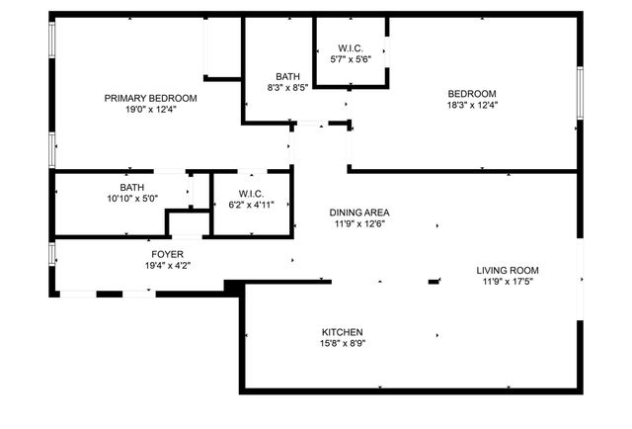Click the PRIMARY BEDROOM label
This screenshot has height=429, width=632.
[151, 98]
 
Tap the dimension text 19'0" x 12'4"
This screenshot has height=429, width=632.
[151, 110]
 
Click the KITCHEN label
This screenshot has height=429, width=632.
[342, 332]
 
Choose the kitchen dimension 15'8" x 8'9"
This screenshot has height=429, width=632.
[342, 344]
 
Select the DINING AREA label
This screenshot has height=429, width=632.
[359, 213]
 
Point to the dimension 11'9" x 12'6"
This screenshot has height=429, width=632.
[359, 224]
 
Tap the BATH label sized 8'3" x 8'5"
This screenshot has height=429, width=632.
[287, 75]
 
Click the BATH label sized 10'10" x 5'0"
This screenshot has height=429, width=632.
[131, 187]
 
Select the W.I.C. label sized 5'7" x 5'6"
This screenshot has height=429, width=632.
[350, 48]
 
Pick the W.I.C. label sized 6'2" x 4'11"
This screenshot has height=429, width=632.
[251, 193]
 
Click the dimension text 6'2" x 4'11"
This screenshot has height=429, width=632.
[251, 205]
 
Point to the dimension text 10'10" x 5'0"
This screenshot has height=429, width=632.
[131, 199]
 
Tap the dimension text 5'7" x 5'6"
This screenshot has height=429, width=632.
[350, 60]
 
